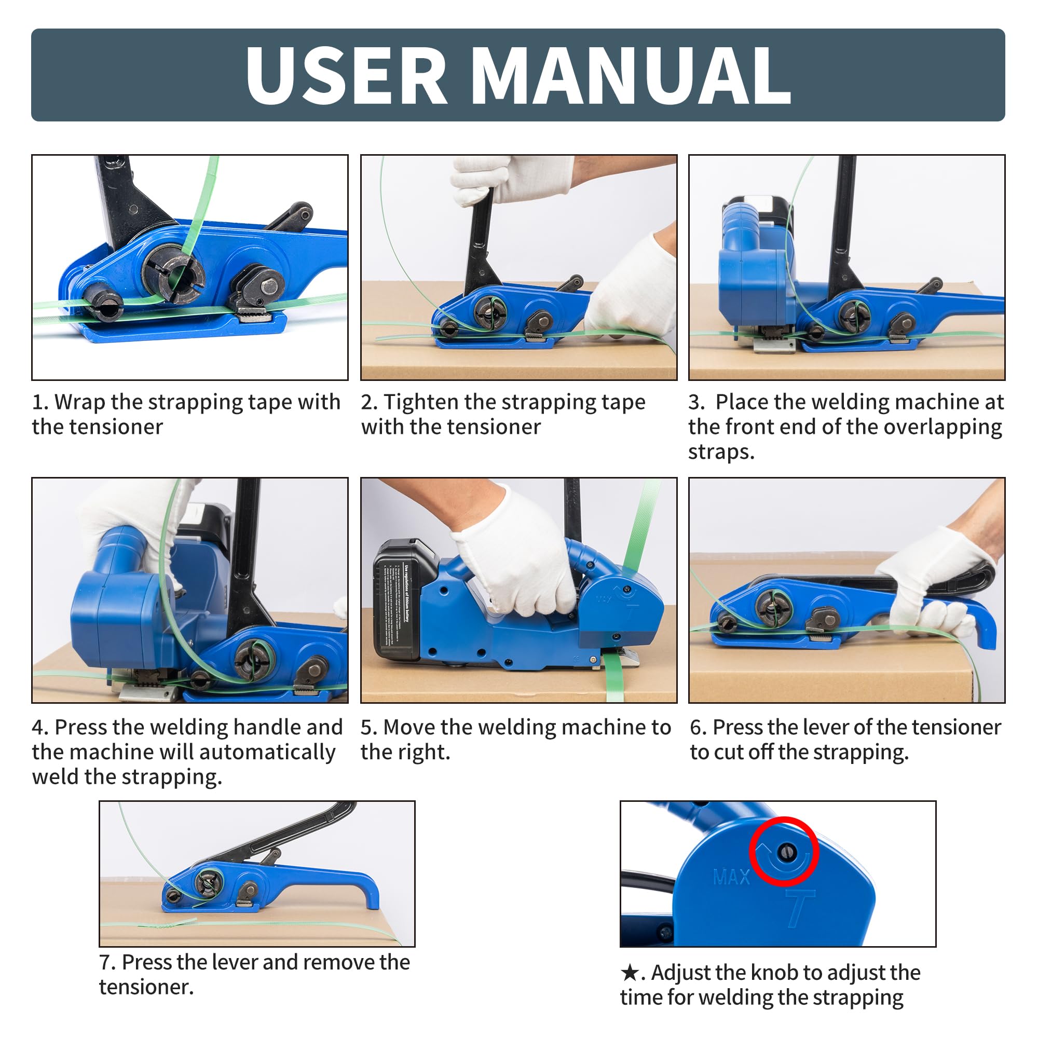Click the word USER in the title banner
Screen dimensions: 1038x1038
[x=346, y=75]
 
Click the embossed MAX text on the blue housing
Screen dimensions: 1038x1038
[x=731, y=877]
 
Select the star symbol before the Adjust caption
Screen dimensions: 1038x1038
[x=629, y=973]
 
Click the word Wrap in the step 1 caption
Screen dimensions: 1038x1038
[x=79, y=402]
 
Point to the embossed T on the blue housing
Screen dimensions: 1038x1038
[x=800, y=908]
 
